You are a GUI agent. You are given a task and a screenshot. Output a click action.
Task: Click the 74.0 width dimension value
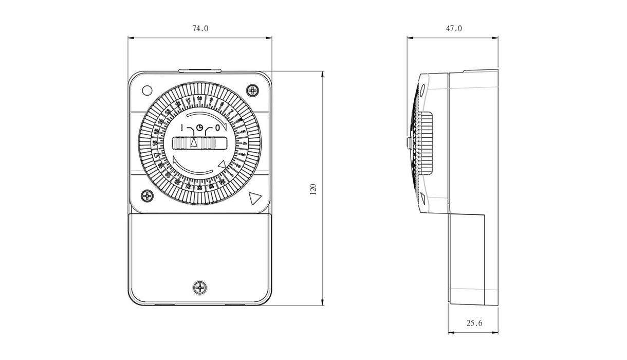tap(200, 29)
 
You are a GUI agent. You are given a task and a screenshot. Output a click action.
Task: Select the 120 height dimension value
tap(314, 189)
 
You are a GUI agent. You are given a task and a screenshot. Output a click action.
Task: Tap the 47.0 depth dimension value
tap(453, 29)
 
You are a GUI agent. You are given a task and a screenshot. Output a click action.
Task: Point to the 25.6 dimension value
tap(474, 323)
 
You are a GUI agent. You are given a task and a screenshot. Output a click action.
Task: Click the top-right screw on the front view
tap(253, 91)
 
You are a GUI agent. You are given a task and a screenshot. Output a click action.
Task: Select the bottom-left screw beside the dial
tap(147, 196)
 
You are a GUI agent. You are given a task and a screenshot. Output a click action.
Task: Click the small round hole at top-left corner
tap(146, 90)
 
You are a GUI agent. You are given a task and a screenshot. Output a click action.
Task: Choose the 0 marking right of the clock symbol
tap(218, 127)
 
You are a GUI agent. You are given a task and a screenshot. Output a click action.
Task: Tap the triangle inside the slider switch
tap(194, 143)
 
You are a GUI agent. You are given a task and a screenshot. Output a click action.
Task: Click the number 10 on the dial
tap(199, 98)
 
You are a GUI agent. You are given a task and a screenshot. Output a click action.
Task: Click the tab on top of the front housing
tap(200, 70)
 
